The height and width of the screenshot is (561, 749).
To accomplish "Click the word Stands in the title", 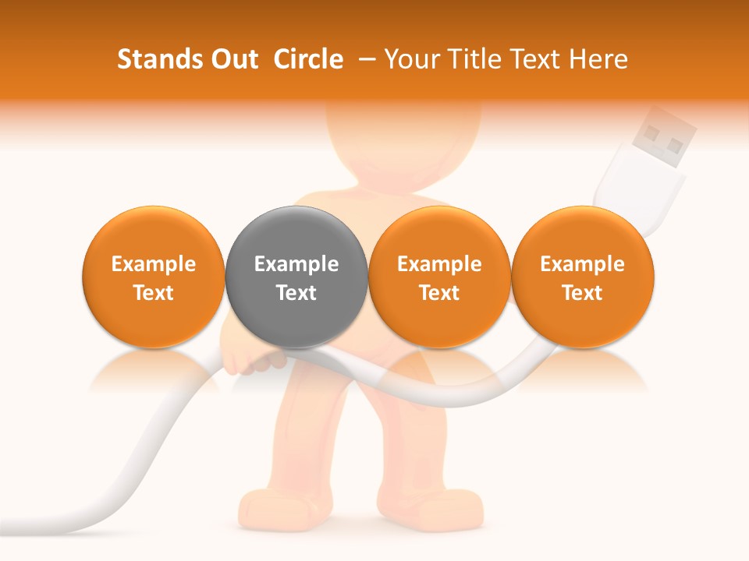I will pos(157,59).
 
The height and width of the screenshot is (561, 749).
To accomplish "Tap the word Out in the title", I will pos(233,59).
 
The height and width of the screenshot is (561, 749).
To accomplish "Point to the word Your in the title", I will pos(410,59).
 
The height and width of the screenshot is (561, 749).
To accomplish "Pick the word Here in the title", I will pos(598,59).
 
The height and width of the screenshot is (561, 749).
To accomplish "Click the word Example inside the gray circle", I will pos(296,264).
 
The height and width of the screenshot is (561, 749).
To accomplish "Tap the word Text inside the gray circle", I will pos(296,293).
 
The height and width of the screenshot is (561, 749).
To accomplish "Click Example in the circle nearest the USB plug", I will pos(582,264).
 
